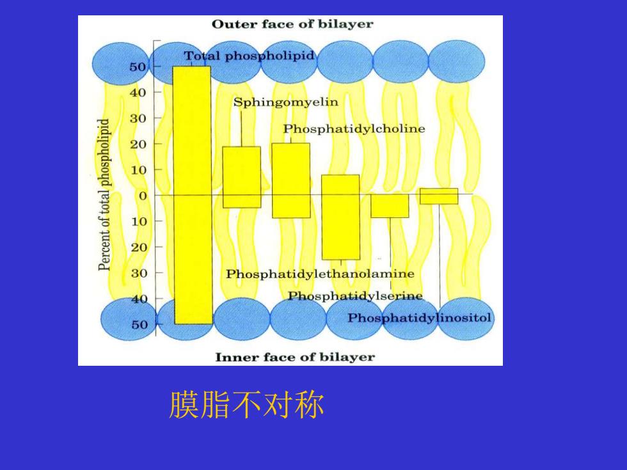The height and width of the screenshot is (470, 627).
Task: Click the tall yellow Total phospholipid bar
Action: click(193, 195)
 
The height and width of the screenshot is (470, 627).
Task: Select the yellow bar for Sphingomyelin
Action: click(242, 177)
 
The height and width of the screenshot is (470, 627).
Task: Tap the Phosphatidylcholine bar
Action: click(291, 180)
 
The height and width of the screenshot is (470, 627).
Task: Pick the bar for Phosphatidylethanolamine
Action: click(340, 217)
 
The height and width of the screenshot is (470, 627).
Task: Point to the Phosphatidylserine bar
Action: click(390, 206)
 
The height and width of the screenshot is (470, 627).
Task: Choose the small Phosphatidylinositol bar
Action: click(439, 196)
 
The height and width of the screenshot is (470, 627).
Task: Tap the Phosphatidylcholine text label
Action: click(354, 129)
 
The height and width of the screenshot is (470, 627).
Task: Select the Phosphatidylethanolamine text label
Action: click(320, 274)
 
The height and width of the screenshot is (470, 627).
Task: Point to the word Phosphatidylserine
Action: click(355, 296)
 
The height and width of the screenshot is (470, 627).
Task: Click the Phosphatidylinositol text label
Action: click(419, 318)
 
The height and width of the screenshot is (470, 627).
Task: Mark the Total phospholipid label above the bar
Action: click(249, 56)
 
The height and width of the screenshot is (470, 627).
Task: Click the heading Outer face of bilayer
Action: click(292, 24)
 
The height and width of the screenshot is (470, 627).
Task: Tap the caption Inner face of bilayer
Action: click(295, 357)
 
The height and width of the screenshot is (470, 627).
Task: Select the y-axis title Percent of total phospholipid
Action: click(104, 194)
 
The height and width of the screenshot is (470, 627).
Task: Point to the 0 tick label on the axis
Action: click(143, 196)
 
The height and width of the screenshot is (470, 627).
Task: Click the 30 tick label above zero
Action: click(138, 119)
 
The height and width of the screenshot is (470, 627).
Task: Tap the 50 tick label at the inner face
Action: click(139, 325)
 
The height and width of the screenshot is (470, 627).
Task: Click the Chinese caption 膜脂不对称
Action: click(247, 405)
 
